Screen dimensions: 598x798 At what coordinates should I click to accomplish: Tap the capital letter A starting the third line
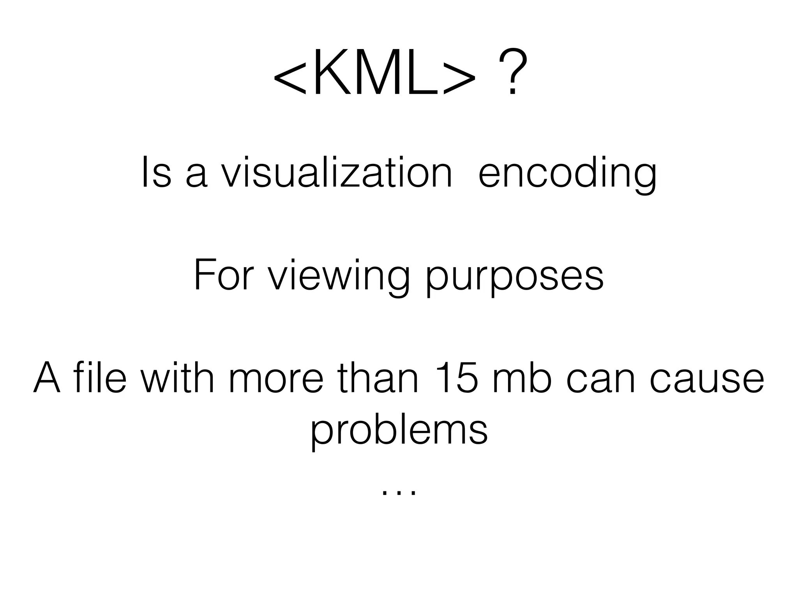(x=47, y=378)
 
